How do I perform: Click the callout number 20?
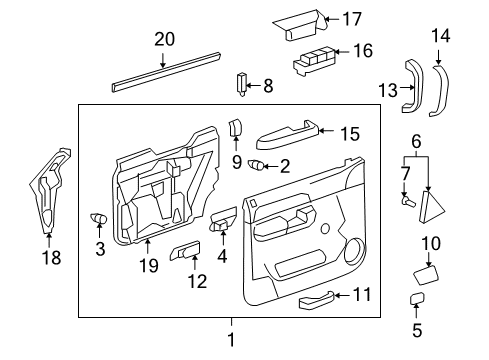pos(163,40)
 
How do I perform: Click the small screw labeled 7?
pos(406,201)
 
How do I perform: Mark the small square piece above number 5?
pos(416,300)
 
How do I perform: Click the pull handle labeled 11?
pos(305,294)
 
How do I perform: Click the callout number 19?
pos(147,266)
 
